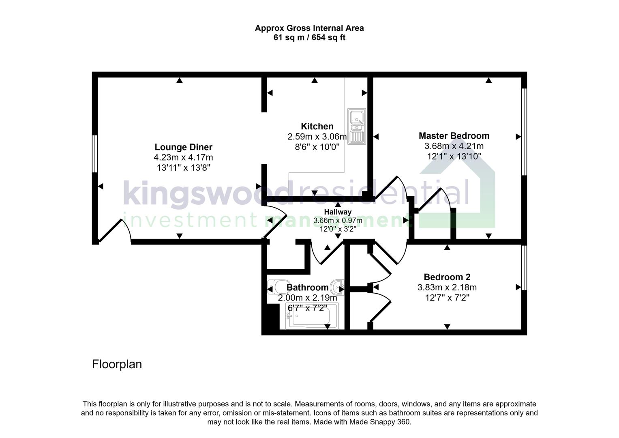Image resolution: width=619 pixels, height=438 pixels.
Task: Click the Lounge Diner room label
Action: point(183,147)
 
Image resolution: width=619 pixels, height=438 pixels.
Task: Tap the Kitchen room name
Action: point(317,126)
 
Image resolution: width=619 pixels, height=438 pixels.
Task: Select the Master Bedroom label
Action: point(454,136)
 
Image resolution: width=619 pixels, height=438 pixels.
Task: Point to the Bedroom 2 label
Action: point(447,277)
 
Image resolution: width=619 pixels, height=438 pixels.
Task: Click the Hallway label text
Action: point(338,212)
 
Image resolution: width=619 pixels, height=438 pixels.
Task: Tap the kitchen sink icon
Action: point(356,125)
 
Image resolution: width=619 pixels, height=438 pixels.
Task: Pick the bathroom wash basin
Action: point(337,287)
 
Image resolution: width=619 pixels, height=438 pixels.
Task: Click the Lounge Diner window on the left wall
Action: point(95,154)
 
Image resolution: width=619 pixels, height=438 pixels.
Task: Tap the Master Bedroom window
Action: point(524,132)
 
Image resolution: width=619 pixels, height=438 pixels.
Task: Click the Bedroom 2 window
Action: point(524,268)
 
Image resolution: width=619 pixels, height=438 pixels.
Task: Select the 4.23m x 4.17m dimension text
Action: point(183,157)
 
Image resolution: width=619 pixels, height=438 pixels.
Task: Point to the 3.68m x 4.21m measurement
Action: point(454,146)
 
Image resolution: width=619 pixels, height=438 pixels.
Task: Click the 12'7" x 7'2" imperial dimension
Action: point(447,298)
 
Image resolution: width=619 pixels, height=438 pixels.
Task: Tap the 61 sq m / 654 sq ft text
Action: point(309,38)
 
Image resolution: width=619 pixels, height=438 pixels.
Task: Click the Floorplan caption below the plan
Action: point(117,364)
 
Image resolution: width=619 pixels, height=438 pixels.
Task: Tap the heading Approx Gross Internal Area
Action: point(309,28)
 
